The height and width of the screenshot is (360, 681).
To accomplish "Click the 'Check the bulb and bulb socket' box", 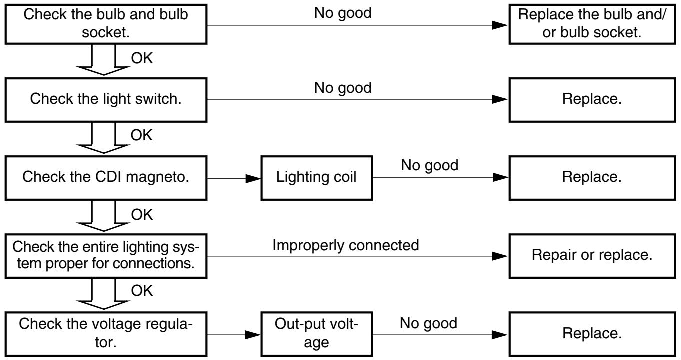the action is [x=106, y=24].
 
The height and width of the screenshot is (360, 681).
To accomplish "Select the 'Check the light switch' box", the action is [x=106, y=100].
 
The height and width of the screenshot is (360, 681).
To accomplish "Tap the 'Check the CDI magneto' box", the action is [x=106, y=178].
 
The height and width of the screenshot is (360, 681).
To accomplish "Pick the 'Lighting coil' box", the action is [x=317, y=178].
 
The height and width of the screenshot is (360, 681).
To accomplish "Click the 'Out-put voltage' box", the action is [x=317, y=334].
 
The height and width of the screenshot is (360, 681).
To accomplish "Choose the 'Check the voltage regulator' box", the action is [x=106, y=334].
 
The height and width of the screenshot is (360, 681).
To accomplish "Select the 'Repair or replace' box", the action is [x=592, y=256].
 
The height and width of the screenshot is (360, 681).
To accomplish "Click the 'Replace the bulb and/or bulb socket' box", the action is [x=592, y=24].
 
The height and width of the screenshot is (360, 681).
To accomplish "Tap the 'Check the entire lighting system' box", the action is [x=106, y=256].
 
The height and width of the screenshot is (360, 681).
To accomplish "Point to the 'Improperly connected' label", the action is [x=346, y=245].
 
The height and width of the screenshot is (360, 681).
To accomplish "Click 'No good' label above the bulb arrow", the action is [x=343, y=13].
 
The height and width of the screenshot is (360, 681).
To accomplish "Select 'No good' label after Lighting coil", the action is [x=429, y=166].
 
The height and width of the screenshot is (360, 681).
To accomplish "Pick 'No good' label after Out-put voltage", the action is [x=428, y=323].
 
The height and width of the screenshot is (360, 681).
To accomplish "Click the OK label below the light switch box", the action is [x=141, y=135].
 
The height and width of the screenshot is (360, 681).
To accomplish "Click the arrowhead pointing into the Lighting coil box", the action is [x=253, y=179].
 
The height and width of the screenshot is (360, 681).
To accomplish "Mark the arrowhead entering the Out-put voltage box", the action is [x=253, y=335].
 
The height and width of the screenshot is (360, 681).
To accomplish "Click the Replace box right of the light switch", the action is [x=592, y=100].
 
